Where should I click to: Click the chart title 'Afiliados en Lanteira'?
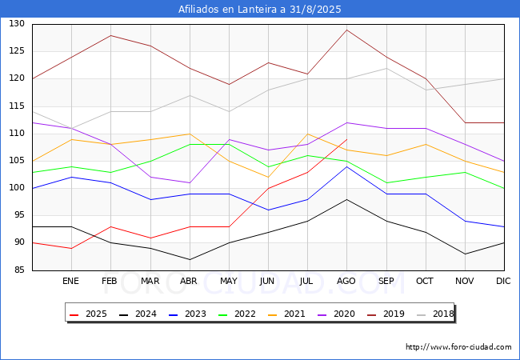pyautogui.click(x=260, y=10)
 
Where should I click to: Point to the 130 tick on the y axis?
pyautogui.click(x=17, y=24)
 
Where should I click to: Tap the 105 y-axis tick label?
pyautogui.click(x=17, y=161)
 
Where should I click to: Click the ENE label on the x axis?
pyautogui.click(x=71, y=282)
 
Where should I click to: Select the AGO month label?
pyautogui.click(x=346, y=282)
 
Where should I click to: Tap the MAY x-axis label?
pyautogui.click(x=228, y=282)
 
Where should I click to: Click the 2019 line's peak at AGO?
pyautogui.click(x=346, y=30)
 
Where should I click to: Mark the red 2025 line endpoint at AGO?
pyautogui.click(x=346, y=139)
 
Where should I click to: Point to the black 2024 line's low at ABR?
pyautogui.click(x=189, y=259)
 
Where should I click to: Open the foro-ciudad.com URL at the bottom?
pyautogui.click(x=458, y=347)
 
